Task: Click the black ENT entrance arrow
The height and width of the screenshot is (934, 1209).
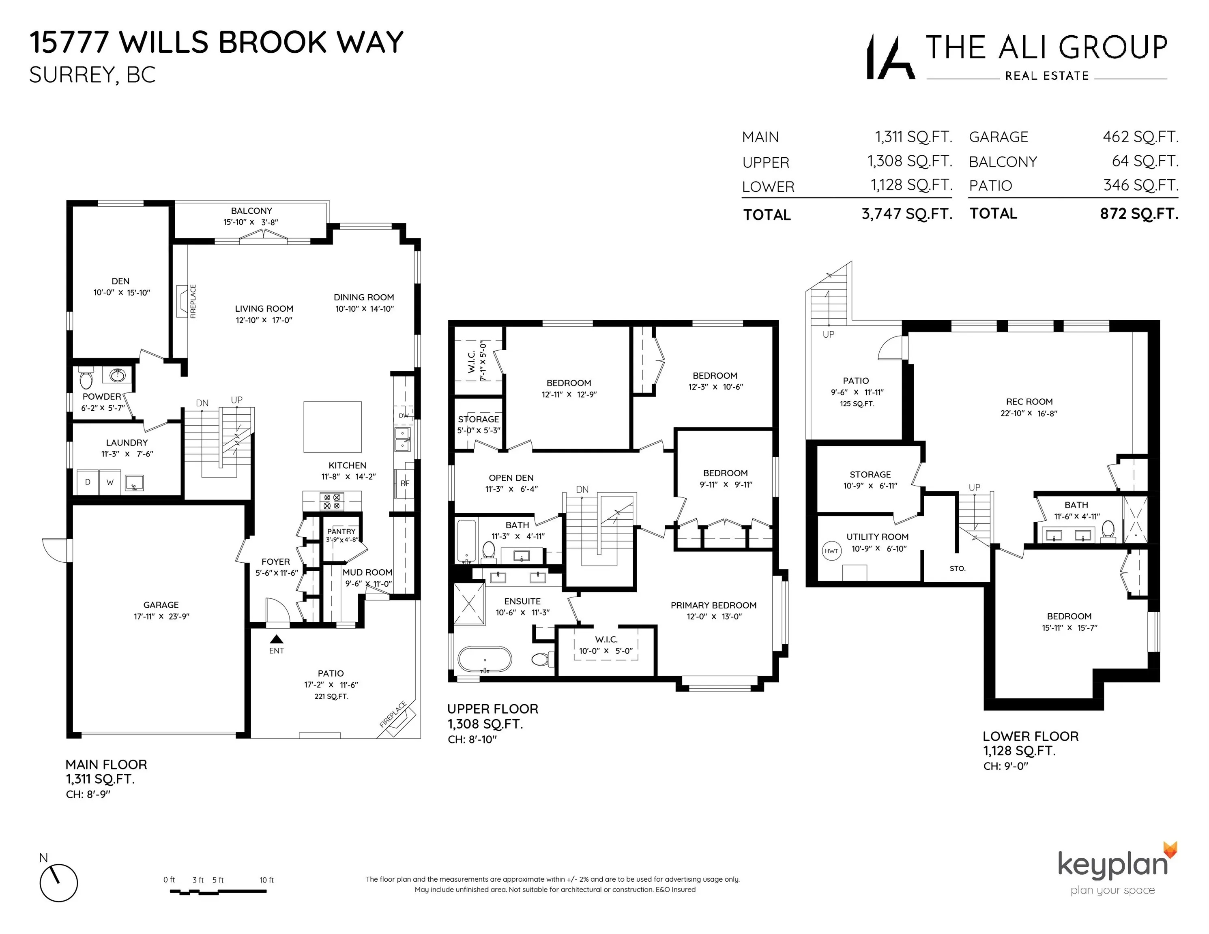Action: [x=276, y=639]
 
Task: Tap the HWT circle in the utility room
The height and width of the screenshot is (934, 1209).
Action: [x=831, y=551]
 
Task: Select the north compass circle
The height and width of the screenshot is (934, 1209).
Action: [x=59, y=883]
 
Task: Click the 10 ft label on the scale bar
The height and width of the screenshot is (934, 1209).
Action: [x=266, y=880]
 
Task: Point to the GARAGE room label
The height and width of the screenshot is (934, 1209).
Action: [x=161, y=605]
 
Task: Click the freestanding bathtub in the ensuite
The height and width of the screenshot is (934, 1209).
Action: [x=484, y=660]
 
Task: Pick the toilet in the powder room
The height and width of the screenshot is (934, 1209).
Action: [x=86, y=379]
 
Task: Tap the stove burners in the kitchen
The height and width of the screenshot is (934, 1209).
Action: [x=332, y=502]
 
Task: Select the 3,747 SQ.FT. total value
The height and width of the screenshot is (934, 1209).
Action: [x=906, y=214]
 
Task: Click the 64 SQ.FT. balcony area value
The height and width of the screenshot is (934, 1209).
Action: [x=1145, y=161]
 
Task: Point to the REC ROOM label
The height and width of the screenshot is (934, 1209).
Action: [x=1029, y=402]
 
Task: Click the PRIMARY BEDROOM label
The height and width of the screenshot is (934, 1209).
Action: [x=713, y=605]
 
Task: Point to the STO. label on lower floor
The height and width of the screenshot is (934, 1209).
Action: [x=957, y=568]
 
